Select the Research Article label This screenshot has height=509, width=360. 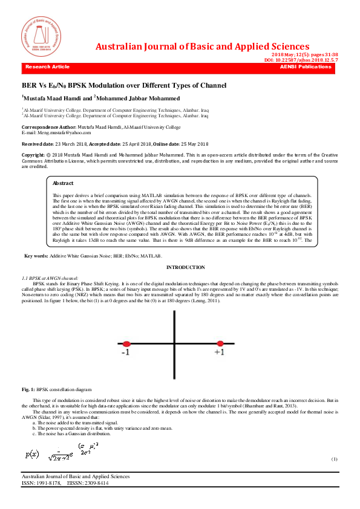pos(48,66)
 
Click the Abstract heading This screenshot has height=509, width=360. pos(64,183)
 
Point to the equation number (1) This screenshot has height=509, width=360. pos(334,459)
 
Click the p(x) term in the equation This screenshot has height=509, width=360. pos(32,453)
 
